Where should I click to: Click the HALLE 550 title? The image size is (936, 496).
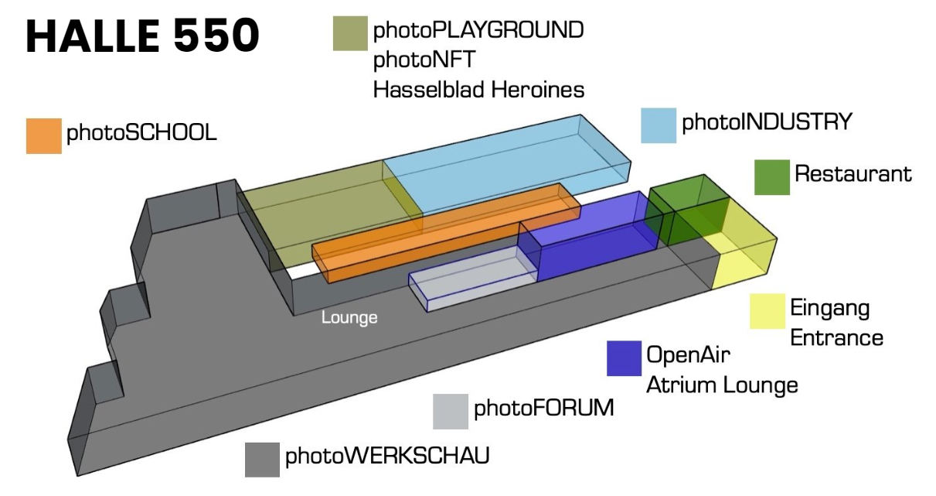[x=142, y=36]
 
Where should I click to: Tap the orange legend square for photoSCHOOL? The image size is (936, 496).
[x=43, y=135]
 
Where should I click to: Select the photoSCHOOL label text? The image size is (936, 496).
[x=141, y=133]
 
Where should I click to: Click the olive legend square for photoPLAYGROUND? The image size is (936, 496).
[x=349, y=32]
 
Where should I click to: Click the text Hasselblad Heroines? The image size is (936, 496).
[x=478, y=90]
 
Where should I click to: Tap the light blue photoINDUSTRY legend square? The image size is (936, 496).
[x=659, y=125]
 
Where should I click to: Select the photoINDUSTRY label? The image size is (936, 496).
[x=766, y=122]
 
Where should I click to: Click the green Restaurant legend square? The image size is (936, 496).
[x=771, y=177]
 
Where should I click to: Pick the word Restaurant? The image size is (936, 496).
[x=853, y=174]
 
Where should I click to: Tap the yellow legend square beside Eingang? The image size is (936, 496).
[x=768, y=311]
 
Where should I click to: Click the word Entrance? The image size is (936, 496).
[x=836, y=338]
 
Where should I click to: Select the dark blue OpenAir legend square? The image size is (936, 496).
[x=624, y=358]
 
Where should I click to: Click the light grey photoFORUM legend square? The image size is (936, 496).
[x=451, y=411]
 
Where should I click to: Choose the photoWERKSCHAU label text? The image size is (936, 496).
[x=387, y=456]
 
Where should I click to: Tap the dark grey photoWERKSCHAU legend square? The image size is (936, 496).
[x=262, y=460]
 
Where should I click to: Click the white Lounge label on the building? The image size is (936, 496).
[x=349, y=317]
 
